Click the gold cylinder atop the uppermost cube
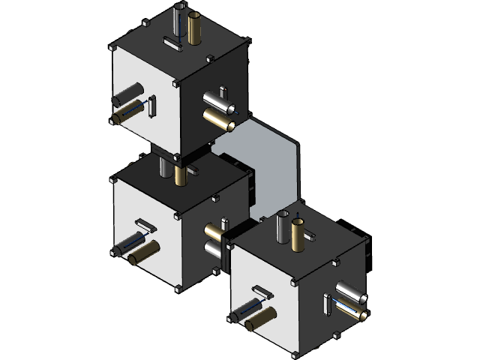196,28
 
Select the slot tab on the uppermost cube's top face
172,44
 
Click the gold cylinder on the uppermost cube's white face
127,114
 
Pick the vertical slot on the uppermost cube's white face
152,106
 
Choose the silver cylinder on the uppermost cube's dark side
216,98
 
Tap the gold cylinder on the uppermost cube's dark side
218,116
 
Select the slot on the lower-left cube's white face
145,223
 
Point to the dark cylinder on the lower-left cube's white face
131,243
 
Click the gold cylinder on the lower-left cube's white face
144,253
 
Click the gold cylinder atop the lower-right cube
298,235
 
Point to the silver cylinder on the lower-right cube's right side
349,292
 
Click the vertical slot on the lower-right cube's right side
328,304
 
